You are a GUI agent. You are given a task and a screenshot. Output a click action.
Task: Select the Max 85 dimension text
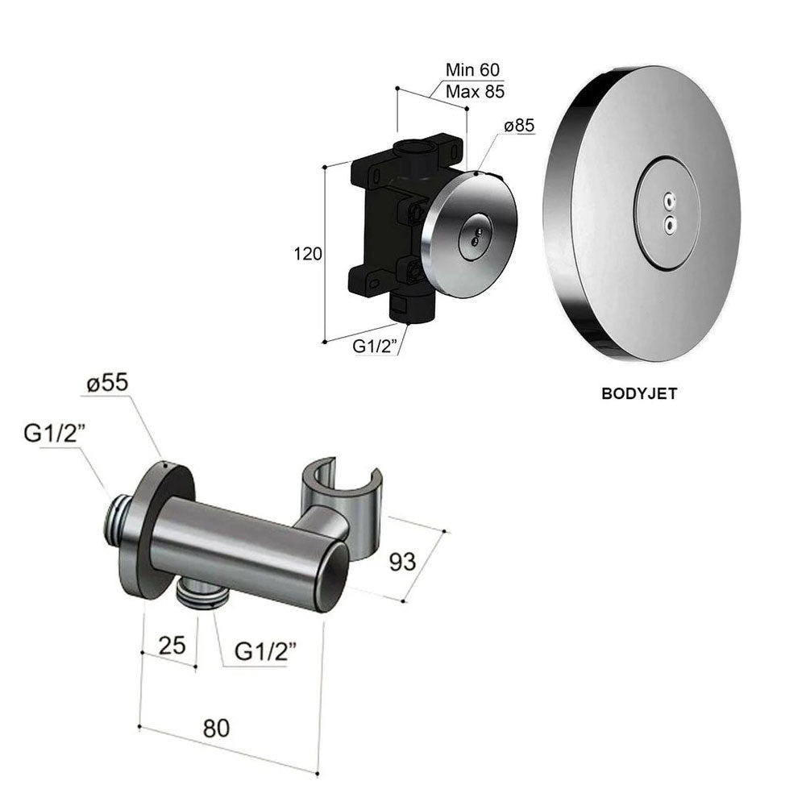pyautogui.click(x=476, y=91)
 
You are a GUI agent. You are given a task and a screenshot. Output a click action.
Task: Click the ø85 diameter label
pyautogui.click(x=519, y=126)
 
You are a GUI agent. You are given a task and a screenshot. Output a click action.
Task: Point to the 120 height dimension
pyautogui.click(x=309, y=254)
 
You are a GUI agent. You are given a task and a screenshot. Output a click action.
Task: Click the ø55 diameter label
pyautogui.click(x=107, y=384)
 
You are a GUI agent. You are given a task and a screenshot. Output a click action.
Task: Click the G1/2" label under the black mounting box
pyautogui.click(x=376, y=348)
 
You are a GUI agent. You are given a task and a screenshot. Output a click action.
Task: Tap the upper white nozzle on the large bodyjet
pyautogui.click(x=667, y=199)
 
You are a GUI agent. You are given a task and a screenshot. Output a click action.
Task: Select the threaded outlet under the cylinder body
pyautogui.click(x=201, y=595)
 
